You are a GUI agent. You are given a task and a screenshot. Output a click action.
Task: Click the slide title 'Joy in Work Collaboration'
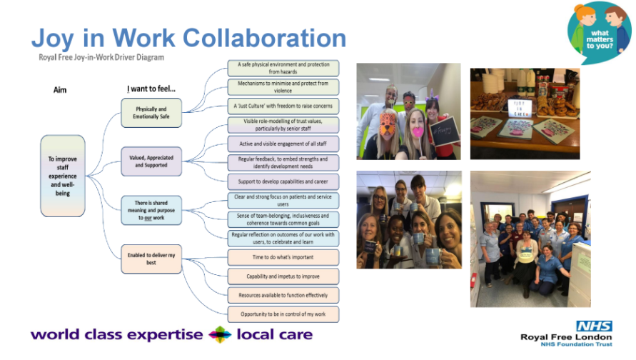(x=188, y=38)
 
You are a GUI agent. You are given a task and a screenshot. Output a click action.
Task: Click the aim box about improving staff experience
(x=63, y=176)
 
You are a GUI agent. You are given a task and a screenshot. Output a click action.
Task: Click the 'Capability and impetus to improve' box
(x=283, y=276)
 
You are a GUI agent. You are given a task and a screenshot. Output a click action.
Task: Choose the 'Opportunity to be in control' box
(x=283, y=314)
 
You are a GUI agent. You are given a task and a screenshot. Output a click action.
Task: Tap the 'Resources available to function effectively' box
(x=283, y=295)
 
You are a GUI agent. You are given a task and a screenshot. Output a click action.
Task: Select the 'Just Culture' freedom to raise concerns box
(x=283, y=106)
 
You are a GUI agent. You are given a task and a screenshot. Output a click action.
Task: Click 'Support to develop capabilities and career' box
(x=283, y=181)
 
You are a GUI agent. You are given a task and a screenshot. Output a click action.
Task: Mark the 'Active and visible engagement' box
(x=283, y=143)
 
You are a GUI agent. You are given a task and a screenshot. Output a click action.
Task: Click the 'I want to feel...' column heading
(x=151, y=89)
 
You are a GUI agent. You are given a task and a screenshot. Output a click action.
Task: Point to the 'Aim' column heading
(x=60, y=90)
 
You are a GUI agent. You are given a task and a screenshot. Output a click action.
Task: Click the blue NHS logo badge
(x=594, y=326)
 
